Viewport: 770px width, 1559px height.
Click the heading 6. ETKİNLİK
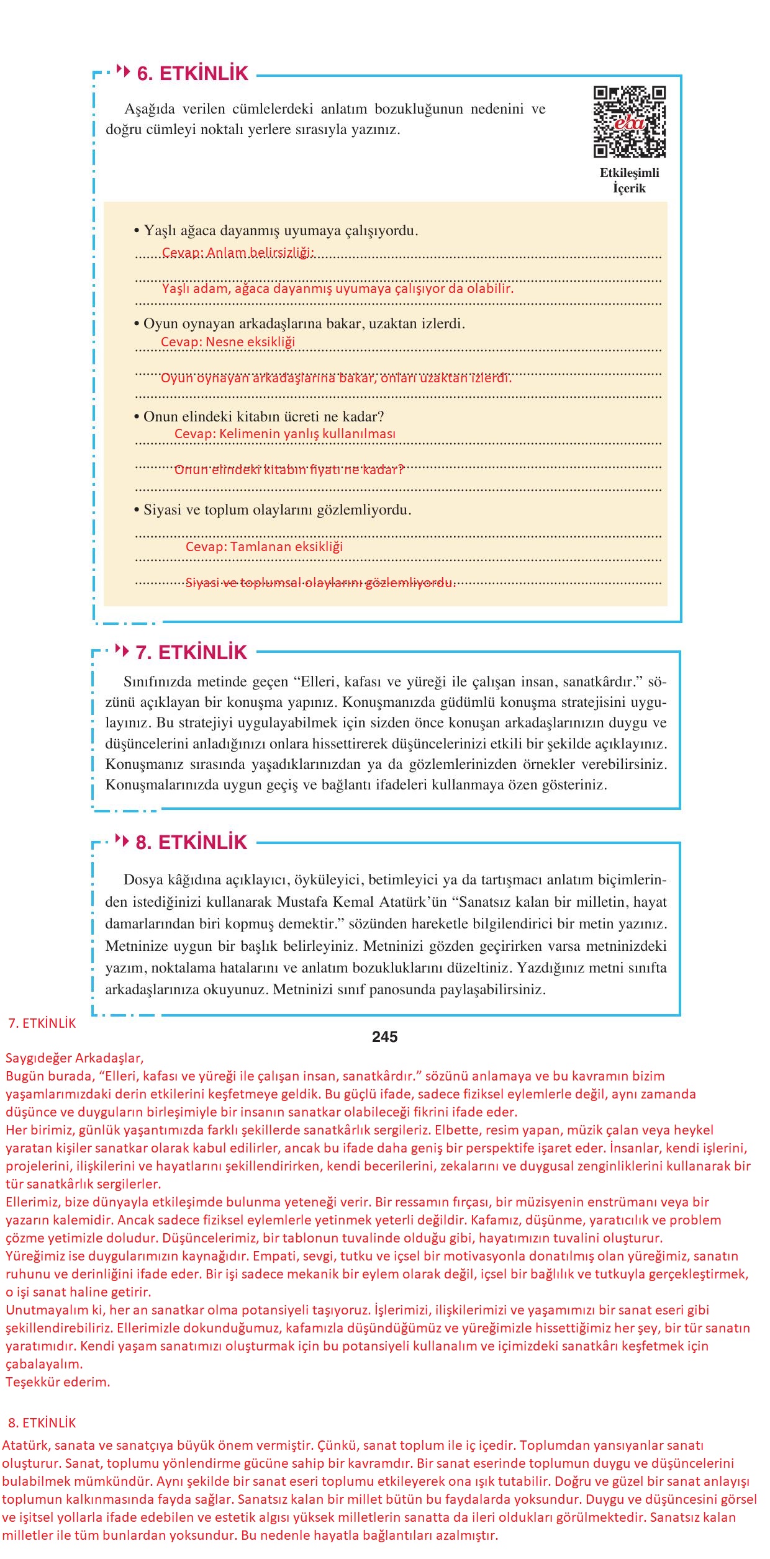click(x=192, y=73)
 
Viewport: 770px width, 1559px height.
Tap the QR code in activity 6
click(x=629, y=122)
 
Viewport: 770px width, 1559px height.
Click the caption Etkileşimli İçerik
click(x=629, y=181)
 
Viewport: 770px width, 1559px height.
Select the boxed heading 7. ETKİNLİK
click(x=191, y=652)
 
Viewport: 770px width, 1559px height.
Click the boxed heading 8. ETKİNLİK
click(x=191, y=842)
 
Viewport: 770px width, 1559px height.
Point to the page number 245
click(x=384, y=1037)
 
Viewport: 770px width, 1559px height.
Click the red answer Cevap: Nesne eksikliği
click(x=228, y=342)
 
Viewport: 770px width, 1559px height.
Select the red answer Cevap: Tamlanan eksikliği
click(x=264, y=547)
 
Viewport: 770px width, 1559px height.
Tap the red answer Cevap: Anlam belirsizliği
click(x=238, y=253)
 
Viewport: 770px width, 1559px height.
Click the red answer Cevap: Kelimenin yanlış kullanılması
click(x=284, y=434)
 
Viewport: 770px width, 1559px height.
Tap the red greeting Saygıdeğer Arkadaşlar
click(x=75, y=1058)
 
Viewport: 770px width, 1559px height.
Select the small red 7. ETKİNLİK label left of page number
click(x=42, y=1024)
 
